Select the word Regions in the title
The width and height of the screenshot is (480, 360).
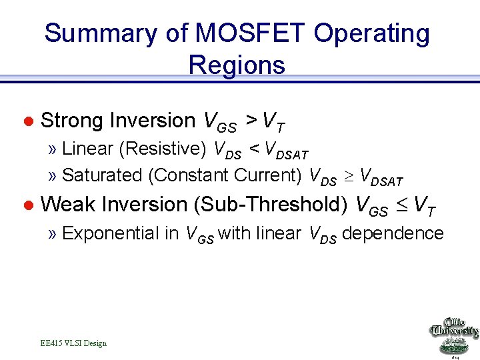[237, 65]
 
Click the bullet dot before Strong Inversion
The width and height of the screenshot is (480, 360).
[28, 121]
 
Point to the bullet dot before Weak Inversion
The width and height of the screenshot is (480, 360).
[28, 205]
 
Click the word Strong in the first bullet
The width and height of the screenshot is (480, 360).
[73, 121]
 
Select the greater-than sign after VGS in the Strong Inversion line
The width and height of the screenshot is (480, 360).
[251, 121]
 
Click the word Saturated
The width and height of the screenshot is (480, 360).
[103, 175]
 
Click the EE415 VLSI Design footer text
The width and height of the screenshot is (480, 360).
[73, 343]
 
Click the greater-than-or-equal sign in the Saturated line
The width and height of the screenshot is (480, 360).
[348, 176]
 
